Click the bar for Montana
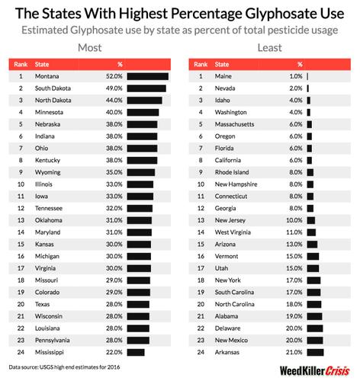[x=147, y=76]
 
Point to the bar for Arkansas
[x=315, y=351]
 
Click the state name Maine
[x=223, y=76]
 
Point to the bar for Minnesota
[x=143, y=112]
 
